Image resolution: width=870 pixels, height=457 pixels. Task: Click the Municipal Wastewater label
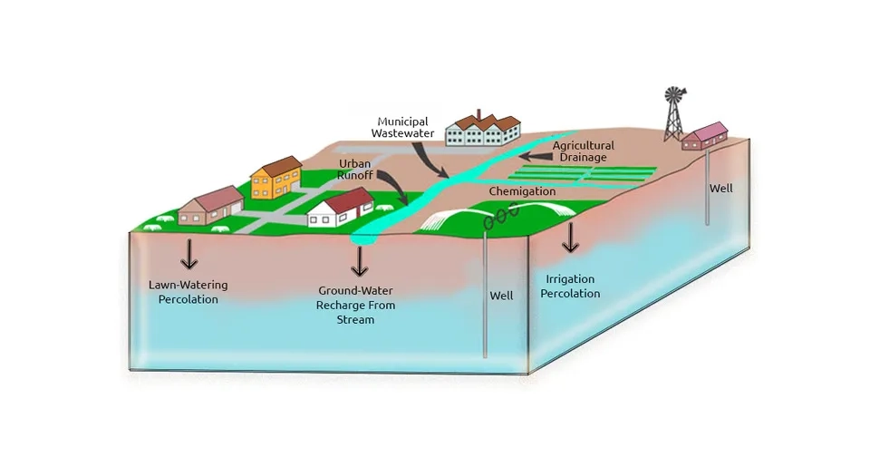[x=402, y=127]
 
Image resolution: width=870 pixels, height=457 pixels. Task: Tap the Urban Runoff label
[x=355, y=170]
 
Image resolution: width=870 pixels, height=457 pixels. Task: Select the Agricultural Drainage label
[x=583, y=151]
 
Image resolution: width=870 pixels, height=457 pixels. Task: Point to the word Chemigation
[x=522, y=191]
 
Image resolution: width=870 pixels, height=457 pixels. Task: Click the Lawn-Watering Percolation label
[x=188, y=292]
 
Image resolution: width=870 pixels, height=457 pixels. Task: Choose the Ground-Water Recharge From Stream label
[x=355, y=305]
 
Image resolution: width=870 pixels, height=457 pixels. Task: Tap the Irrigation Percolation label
[x=570, y=287]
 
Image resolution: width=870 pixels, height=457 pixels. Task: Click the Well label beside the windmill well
[x=720, y=189]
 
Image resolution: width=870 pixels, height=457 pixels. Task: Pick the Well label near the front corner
[x=501, y=296]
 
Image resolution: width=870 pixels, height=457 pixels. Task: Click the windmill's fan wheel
[x=674, y=95]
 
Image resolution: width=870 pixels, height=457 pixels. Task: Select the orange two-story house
[x=276, y=178]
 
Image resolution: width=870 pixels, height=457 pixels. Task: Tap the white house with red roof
[x=342, y=208]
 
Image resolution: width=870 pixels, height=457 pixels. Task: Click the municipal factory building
[x=483, y=128]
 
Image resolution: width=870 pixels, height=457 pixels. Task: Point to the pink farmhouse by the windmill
[x=705, y=136]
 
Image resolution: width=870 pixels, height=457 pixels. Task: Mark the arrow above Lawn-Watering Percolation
[x=189, y=254]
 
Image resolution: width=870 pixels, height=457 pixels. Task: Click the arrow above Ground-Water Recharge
[x=360, y=261]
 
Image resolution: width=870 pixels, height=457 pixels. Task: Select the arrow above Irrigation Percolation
[x=570, y=238]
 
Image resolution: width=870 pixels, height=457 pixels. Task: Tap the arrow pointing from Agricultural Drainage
[x=536, y=157]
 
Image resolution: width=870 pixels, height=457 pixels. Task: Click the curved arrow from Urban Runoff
[x=395, y=186]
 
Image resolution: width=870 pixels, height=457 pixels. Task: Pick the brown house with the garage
[x=211, y=206]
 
